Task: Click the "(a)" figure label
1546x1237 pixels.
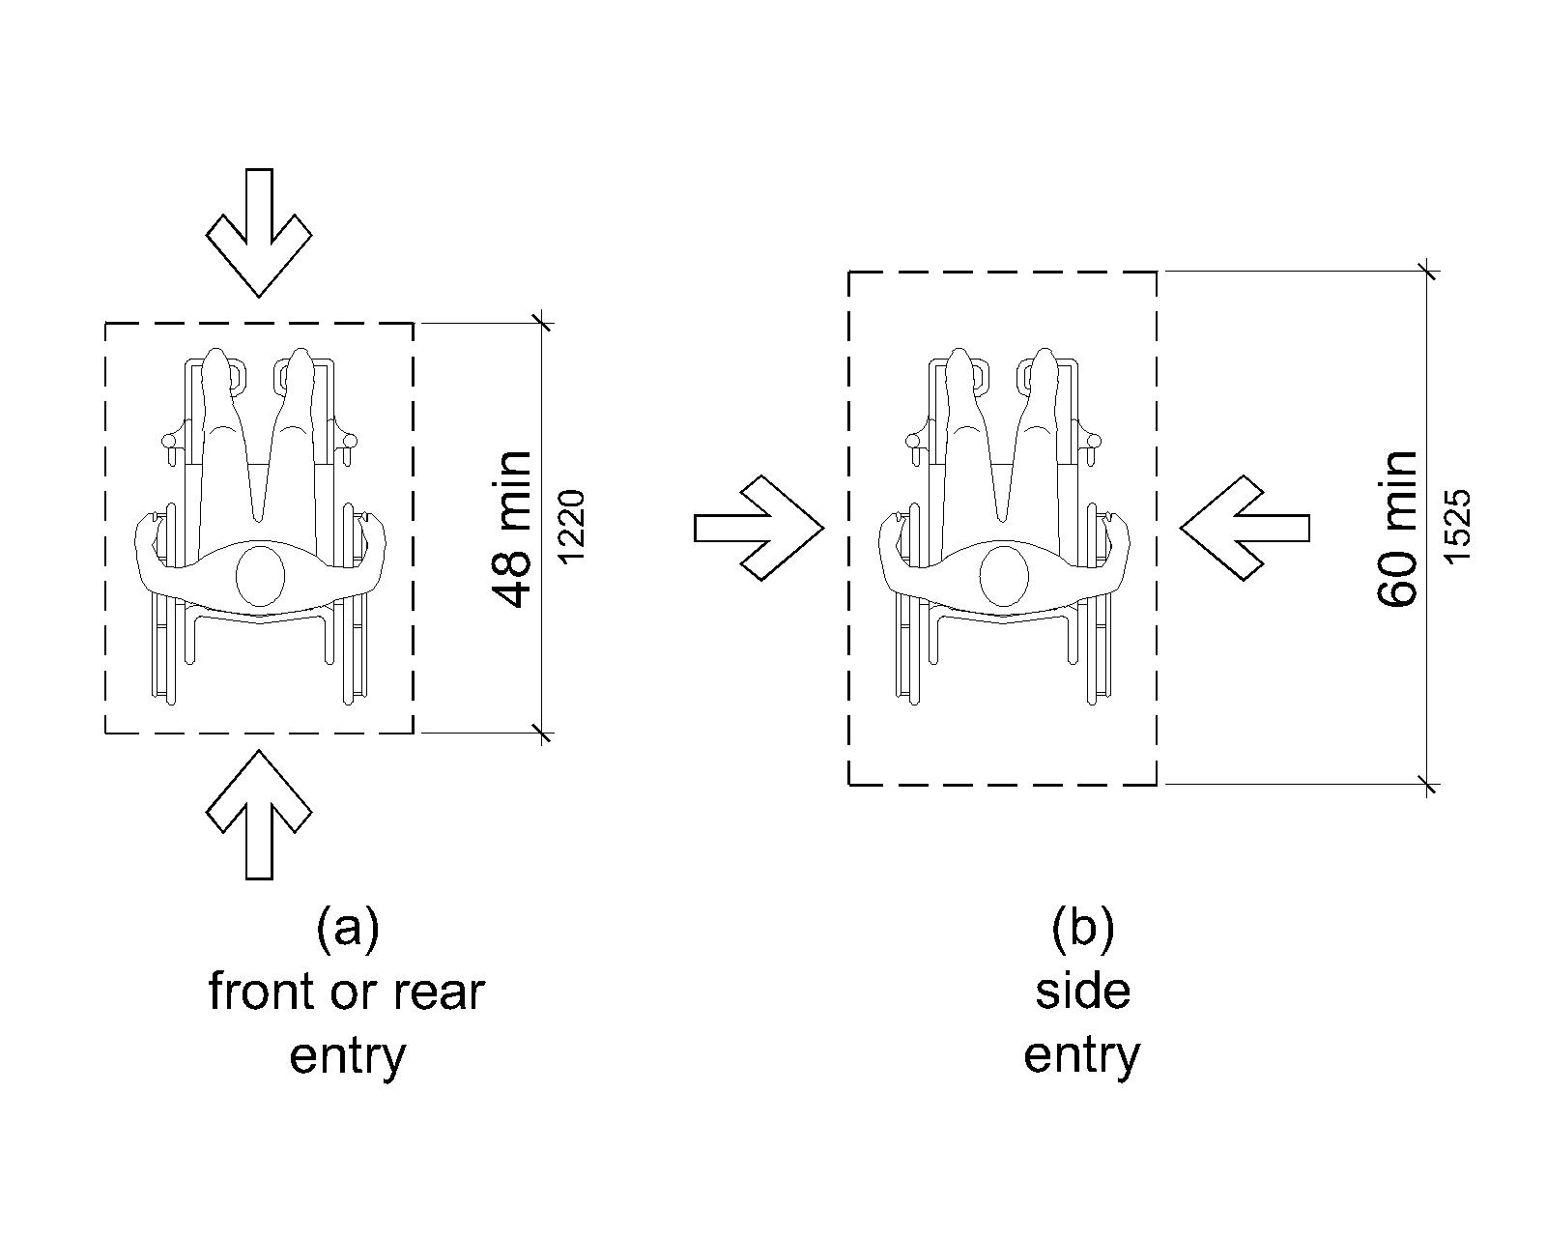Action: coord(347,929)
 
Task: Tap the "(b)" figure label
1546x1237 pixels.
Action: coord(1082,929)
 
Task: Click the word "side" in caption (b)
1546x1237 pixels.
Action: coord(1082,992)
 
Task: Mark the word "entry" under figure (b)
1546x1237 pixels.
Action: coord(1082,1054)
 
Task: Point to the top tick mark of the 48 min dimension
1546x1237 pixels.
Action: coord(542,323)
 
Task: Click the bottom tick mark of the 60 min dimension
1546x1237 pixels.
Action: coord(1429,785)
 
